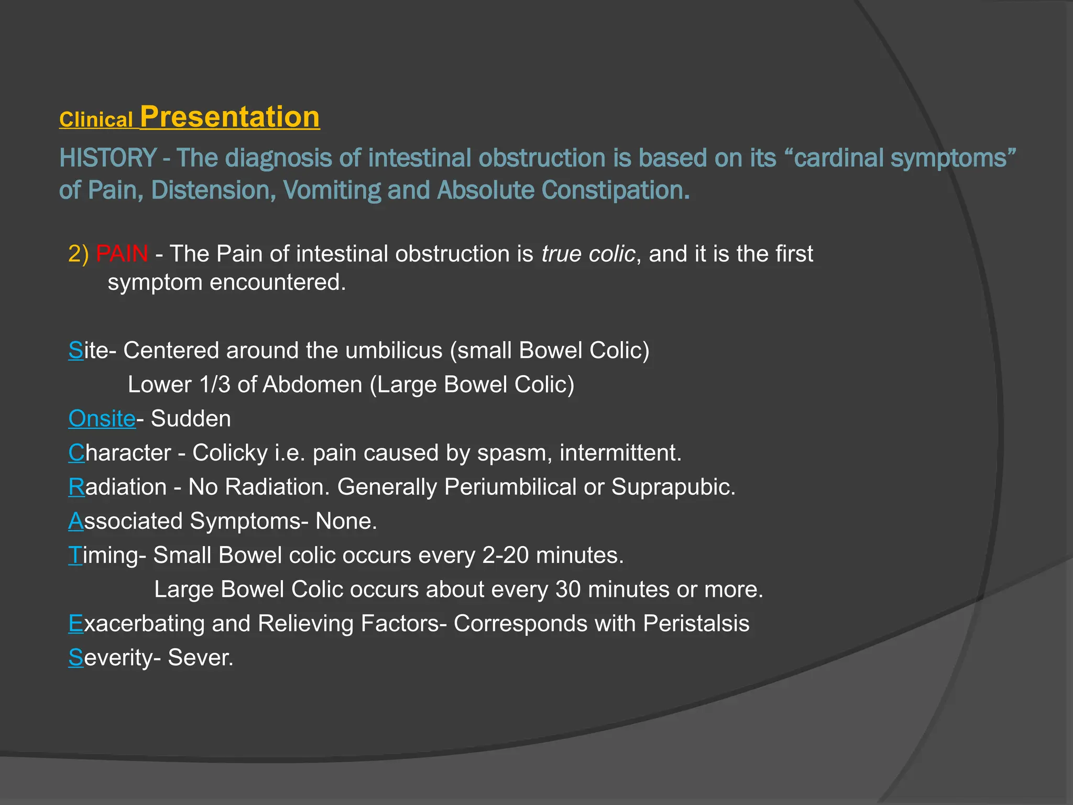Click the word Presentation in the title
click(x=229, y=117)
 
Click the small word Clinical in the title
click(x=96, y=120)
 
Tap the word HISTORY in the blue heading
click(x=107, y=158)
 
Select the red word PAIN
click(x=122, y=254)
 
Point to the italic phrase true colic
click(x=588, y=254)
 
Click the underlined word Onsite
click(x=102, y=419)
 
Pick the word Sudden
click(x=191, y=419)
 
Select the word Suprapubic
click(x=673, y=487)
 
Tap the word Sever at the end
click(x=200, y=658)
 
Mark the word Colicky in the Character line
click(x=230, y=453)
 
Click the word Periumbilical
click(x=510, y=487)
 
